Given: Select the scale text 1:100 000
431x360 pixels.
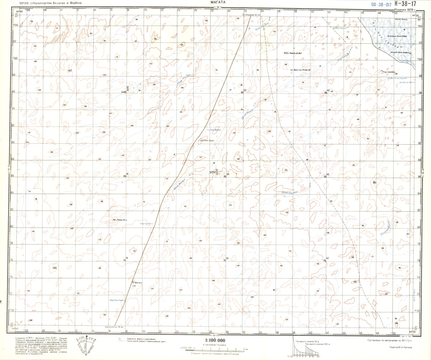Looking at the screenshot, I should pyautogui.click(x=215, y=340).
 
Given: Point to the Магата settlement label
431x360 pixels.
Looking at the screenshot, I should pyautogui.click(x=139, y=283).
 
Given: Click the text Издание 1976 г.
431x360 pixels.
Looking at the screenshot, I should pyautogui.click(x=405, y=10).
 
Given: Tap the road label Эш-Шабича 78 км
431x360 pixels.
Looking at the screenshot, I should pyautogui.click(x=114, y=327).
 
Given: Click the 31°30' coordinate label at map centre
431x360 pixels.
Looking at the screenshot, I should pyautogui.click(x=215, y=172).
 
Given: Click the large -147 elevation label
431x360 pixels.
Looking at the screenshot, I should pyautogui.click(x=70, y=71).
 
